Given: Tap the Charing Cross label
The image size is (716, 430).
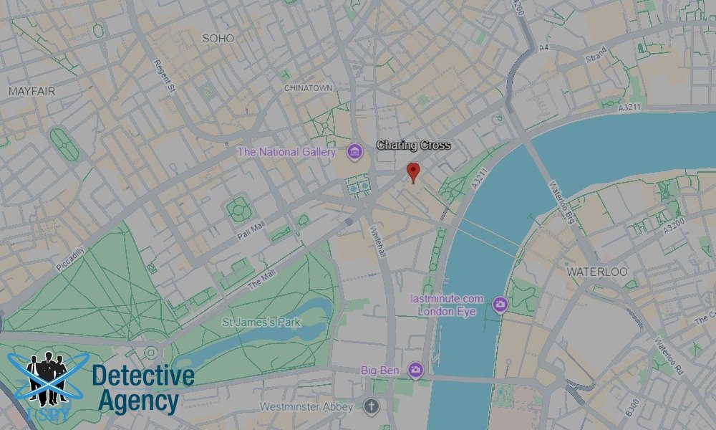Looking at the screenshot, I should (x=414, y=145).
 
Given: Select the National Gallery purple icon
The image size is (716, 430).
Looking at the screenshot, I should (x=354, y=151).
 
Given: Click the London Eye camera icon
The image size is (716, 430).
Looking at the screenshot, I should (x=500, y=305).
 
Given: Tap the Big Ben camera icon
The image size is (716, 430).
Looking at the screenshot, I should (x=415, y=370).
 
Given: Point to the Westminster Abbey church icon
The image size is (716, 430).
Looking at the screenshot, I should (x=370, y=407).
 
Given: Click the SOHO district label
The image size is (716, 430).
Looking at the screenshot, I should (x=218, y=38).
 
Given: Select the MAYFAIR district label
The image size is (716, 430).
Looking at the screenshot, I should (x=32, y=92).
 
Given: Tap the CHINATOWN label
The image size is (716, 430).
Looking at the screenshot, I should (x=309, y=87).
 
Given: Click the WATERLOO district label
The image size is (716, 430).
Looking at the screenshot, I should (x=596, y=272).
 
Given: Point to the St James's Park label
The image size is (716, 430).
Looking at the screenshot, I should (x=261, y=322).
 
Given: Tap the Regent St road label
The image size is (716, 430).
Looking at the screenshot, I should (x=164, y=75).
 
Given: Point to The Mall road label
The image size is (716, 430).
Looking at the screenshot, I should (x=261, y=278).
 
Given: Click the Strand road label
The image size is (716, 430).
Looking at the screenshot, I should (x=596, y=54).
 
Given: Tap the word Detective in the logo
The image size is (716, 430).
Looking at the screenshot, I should (x=143, y=376).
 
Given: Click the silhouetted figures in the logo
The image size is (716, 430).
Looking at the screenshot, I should (x=47, y=373).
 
